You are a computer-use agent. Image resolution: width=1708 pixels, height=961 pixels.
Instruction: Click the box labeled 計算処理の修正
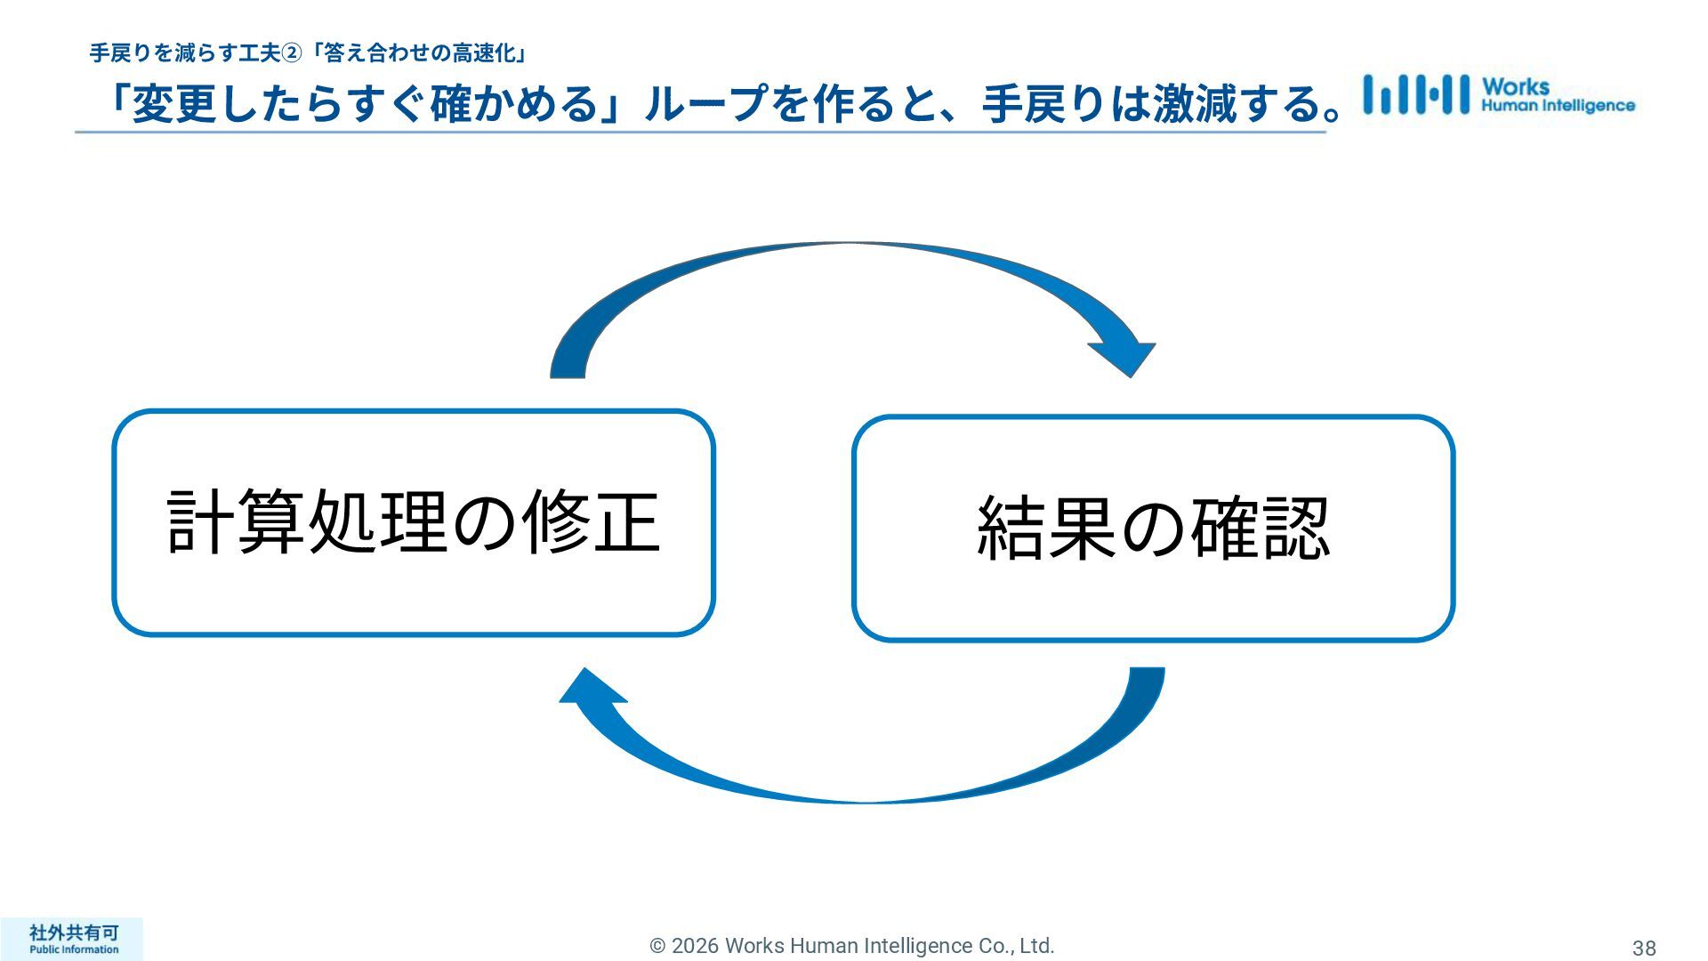pyautogui.click(x=414, y=522)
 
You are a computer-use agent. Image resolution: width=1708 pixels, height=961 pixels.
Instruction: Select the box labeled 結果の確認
pyautogui.click(x=1153, y=528)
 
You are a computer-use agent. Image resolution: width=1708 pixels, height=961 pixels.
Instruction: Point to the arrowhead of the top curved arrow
pyautogui.click(x=1125, y=358)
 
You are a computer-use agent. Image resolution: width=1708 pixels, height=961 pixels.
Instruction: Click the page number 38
pyautogui.click(x=1643, y=948)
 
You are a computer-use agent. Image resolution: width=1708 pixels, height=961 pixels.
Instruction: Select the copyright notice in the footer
pyautogui.click(x=852, y=946)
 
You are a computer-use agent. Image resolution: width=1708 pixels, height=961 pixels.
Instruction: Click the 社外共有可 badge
pyautogui.click(x=73, y=933)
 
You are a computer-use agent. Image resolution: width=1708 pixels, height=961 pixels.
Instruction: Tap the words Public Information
pyautogui.click(x=73, y=949)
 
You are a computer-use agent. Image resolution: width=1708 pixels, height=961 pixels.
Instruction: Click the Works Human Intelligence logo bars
pyautogui.click(x=1415, y=94)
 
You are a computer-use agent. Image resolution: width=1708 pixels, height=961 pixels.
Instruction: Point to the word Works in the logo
pyautogui.click(x=1515, y=86)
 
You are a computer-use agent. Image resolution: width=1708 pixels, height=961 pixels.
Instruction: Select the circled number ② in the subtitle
pyautogui.click(x=292, y=54)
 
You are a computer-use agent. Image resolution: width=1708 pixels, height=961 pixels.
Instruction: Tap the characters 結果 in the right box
pyautogui.click(x=1046, y=528)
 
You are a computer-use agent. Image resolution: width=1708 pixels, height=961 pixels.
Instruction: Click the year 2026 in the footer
pyautogui.click(x=695, y=946)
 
